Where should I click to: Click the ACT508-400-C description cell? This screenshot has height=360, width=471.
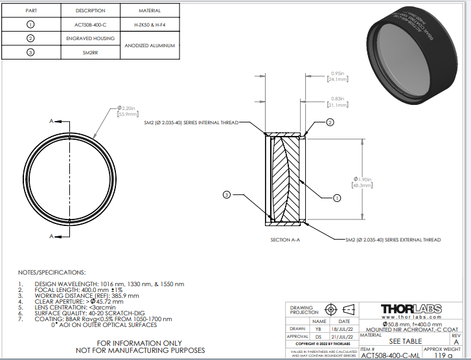coord(90,25)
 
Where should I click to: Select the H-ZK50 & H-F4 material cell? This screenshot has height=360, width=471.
coord(150,25)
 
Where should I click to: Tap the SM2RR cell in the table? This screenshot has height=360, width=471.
coord(90,52)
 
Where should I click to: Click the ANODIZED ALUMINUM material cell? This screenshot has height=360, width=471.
coord(150,45)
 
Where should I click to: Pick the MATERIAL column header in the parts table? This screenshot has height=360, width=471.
coord(150,11)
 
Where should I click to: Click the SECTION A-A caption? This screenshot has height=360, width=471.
coord(285,240)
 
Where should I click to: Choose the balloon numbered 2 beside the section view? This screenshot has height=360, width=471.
coord(330,122)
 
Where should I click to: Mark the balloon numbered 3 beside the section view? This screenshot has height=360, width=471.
coord(227,194)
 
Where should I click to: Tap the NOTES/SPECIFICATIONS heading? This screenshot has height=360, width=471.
coord(52,273)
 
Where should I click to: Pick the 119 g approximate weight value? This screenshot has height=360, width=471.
coord(442,355)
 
